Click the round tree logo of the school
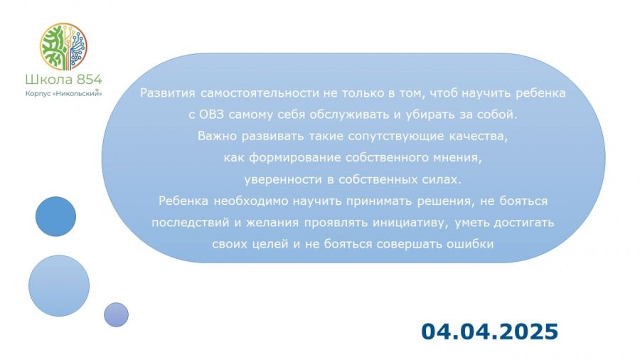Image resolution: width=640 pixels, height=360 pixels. click(63, 46)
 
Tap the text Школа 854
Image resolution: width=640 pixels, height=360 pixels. click(64, 79)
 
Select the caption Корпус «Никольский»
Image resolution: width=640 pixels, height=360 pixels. click(64, 93)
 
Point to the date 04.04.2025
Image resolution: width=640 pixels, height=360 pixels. click(489, 331)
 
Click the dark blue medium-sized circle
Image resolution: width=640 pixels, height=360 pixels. click(56, 216)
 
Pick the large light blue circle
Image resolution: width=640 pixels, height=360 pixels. click(59, 286)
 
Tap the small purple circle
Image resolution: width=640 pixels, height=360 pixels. click(117, 314)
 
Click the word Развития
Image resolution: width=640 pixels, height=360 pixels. click(168, 93)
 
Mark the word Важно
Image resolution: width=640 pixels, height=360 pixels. click(217, 136)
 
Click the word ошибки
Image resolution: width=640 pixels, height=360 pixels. click(470, 244)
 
